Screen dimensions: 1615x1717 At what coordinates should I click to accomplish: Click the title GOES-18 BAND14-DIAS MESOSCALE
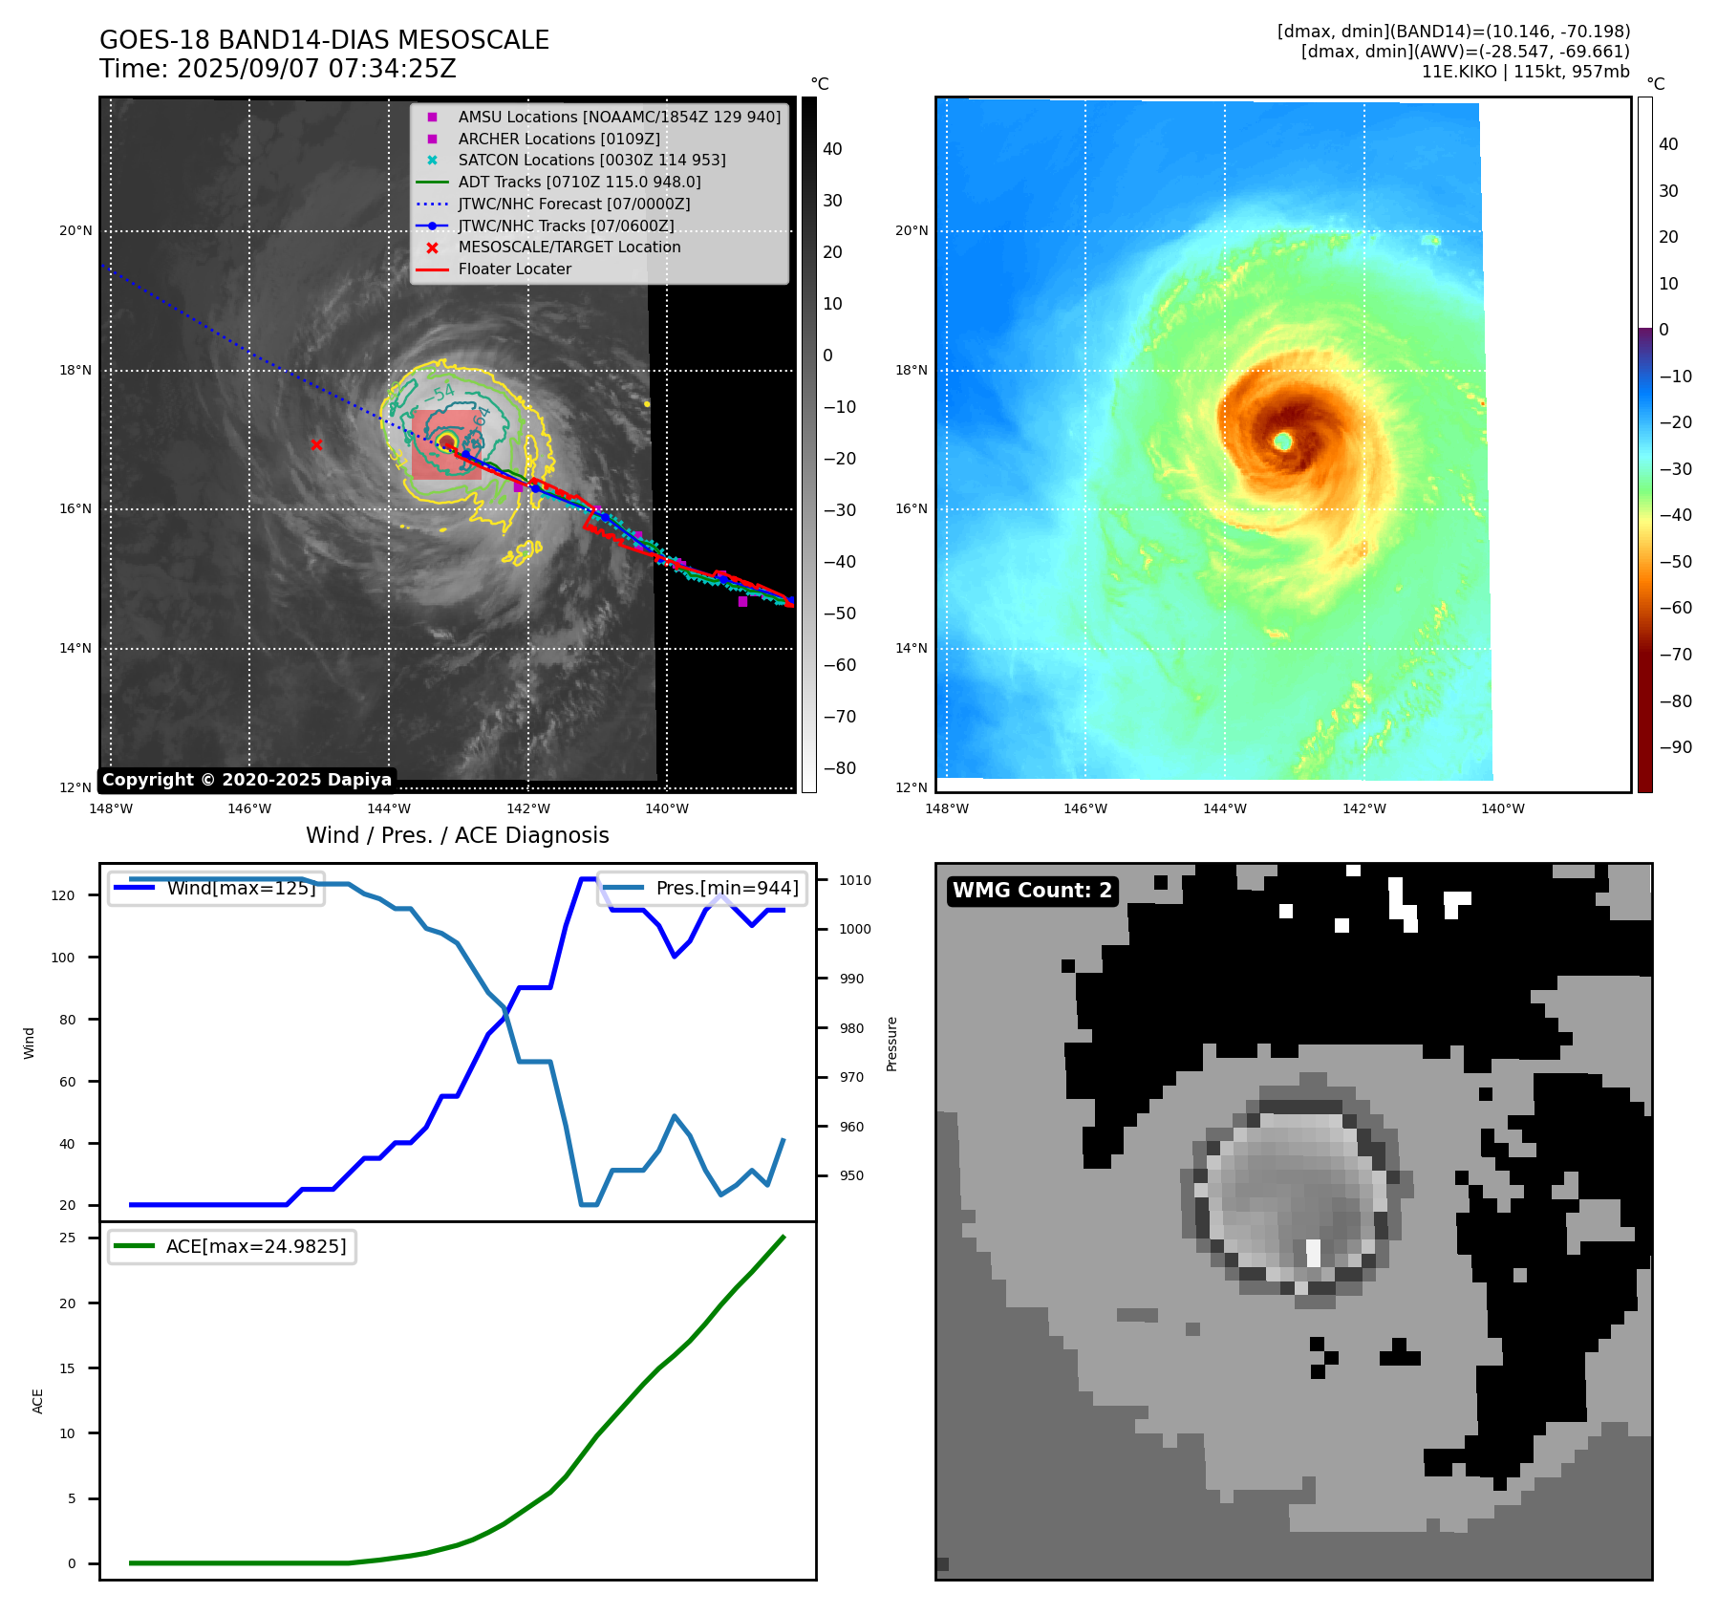pos(324,40)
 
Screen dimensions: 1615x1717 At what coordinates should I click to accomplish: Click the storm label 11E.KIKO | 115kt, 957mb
pos(1525,72)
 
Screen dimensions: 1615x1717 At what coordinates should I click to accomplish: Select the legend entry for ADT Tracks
pos(579,182)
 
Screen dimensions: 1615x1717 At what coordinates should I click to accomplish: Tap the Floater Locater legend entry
pos(514,269)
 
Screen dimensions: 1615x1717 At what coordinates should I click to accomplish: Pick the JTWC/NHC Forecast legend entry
pos(573,204)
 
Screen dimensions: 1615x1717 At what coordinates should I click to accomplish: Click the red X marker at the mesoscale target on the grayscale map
pos(316,444)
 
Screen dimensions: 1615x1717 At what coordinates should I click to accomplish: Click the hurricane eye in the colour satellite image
pos(1282,441)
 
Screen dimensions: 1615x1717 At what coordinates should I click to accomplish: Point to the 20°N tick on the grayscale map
pos(75,230)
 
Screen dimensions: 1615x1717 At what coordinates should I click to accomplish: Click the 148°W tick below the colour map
pos(946,808)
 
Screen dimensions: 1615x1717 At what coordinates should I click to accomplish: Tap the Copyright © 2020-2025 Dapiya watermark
pos(247,780)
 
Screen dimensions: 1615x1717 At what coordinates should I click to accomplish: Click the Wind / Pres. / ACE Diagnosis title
pos(457,835)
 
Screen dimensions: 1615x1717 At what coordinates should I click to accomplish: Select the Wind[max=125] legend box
pos(216,888)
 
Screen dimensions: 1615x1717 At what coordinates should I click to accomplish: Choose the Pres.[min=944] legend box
pos(702,888)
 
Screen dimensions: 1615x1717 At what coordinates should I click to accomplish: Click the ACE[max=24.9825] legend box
pos(232,1246)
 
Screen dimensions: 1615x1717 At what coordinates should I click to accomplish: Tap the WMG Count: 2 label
pos(1032,891)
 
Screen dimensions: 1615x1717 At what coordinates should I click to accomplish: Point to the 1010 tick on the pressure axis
pos(855,880)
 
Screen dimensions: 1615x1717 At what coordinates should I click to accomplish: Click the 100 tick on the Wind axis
pos(63,958)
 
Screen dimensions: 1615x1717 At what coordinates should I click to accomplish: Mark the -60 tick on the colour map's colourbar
pos(1675,608)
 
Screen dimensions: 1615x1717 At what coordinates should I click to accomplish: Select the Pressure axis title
pos(891,1044)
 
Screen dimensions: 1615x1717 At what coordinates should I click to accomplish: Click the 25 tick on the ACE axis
pos(68,1238)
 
